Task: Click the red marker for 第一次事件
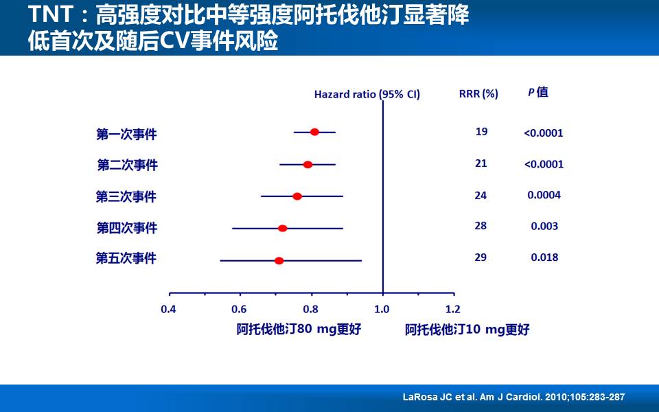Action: pyautogui.click(x=314, y=132)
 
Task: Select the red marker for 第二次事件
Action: pyautogui.click(x=308, y=165)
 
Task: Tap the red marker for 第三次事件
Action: pyautogui.click(x=297, y=196)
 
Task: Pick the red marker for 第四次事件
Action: pyautogui.click(x=282, y=228)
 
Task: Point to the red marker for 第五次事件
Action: pyautogui.click(x=279, y=261)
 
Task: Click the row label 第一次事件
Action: pyautogui.click(x=126, y=134)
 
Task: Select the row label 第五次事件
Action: pyautogui.click(x=126, y=259)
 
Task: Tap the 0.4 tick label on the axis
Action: pyautogui.click(x=169, y=309)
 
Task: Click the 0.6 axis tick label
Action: pyautogui.click(x=239, y=309)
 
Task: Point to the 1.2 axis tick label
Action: pyautogui.click(x=453, y=309)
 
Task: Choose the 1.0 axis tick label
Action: pyautogui.click(x=382, y=309)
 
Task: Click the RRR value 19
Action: pyautogui.click(x=481, y=131)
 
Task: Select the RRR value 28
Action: pyautogui.click(x=481, y=226)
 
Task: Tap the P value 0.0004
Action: pyautogui.click(x=544, y=195)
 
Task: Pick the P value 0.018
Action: pyautogui.click(x=544, y=257)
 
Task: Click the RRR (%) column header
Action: pyautogui.click(x=478, y=93)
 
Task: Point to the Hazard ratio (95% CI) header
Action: pyautogui.click(x=367, y=94)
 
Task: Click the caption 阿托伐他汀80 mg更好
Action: pyautogui.click(x=299, y=329)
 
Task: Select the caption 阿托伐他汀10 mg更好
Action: pyautogui.click(x=467, y=330)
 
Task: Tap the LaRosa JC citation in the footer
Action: pyautogui.click(x=513, y=398)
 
